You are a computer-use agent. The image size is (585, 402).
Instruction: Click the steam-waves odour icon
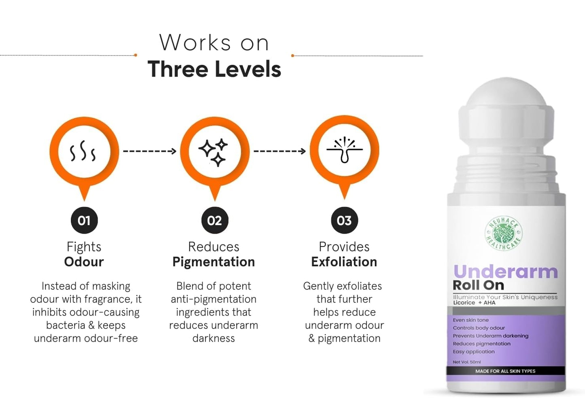coord(83,151)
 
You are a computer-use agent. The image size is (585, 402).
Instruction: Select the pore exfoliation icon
coord(345,150)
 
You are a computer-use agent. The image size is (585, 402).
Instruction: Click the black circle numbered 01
coord(84,220)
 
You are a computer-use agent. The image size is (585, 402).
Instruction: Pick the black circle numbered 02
coord(215,220)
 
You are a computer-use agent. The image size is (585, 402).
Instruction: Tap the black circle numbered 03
coord(345,220)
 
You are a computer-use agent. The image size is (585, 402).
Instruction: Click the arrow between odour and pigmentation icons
coord(150,151)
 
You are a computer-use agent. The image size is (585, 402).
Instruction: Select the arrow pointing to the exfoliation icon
coord(280,151)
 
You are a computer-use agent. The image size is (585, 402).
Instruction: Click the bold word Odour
coord(84,262)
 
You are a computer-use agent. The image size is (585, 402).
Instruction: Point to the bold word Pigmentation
coord(214,262)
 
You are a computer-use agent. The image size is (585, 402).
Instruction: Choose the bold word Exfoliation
coord(344,262)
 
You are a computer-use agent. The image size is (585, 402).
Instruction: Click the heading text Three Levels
coord(214,69)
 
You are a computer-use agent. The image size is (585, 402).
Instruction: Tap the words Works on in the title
coord(214,43)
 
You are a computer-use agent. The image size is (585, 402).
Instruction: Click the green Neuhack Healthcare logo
coord(503,233)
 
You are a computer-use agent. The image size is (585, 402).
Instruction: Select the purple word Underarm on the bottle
coord(505,272)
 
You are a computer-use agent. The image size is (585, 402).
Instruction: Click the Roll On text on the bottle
coord(479,285)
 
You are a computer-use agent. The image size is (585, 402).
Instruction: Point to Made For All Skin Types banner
coord(505,371)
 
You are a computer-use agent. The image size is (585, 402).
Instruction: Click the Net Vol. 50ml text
coord(467,362)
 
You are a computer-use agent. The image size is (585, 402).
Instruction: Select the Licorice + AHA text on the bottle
coord(474,303)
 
